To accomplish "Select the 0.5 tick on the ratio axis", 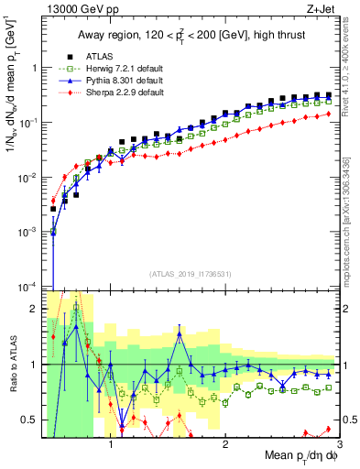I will pyautogui.click(x=31, y=420).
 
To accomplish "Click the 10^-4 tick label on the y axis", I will pyautogui.click(x=28, y=287).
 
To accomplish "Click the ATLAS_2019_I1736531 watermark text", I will pyautogui.click(x=191, y=274).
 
